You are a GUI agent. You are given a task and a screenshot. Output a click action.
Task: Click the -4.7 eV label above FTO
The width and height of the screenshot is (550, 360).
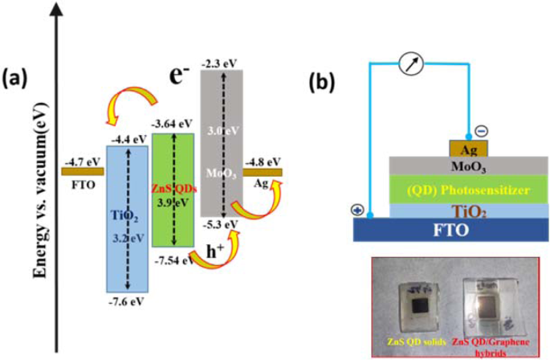click(78, 162)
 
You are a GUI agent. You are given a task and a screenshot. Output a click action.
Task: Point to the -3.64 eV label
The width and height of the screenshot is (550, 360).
click(173, 125)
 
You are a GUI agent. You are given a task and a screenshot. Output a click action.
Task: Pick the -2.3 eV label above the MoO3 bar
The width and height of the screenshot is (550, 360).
click(221, 62)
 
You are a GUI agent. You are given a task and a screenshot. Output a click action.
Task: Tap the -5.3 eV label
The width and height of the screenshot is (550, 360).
click(222, 224)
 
